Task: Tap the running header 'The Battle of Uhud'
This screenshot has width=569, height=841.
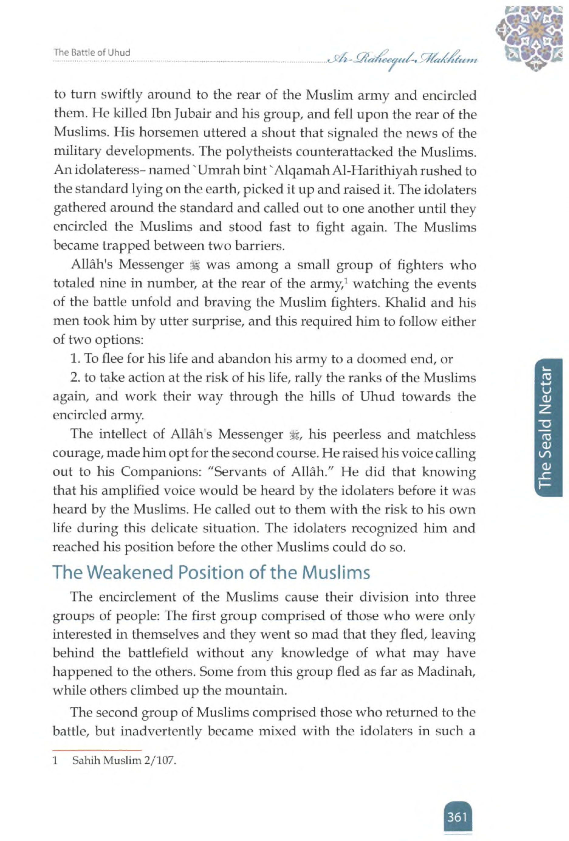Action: [91, 53]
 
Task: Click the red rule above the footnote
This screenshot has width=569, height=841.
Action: [97, 750]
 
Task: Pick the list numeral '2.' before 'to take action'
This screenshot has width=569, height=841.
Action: [75, 378]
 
